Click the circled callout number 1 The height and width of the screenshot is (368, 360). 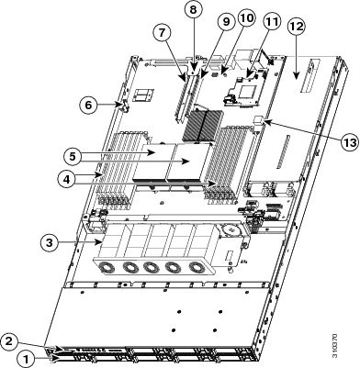[x=27, y=358]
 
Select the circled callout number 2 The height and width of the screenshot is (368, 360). [x=10, y=341]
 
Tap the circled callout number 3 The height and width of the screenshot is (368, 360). [x=50, y=242]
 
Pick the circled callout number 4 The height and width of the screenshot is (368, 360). [x=66, y=179]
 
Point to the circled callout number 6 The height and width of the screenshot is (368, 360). [x=88, y=105]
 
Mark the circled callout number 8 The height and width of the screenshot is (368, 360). [x=193, y=10]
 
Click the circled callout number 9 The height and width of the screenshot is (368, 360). [x=226, y=21]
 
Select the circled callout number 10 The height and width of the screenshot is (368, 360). [x=247, y=18]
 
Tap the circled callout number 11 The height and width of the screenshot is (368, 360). [x=272, y=22]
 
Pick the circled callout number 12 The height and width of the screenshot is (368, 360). [x=296, y=27]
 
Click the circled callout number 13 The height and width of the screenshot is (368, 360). [x=350, y=142]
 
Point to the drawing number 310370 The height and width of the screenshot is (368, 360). [x=336, y=346]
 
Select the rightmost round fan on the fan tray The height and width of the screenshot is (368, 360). [x=197, y=268]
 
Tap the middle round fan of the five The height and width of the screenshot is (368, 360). [x=152, y=267]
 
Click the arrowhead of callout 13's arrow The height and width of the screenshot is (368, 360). [x=265, y=122]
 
